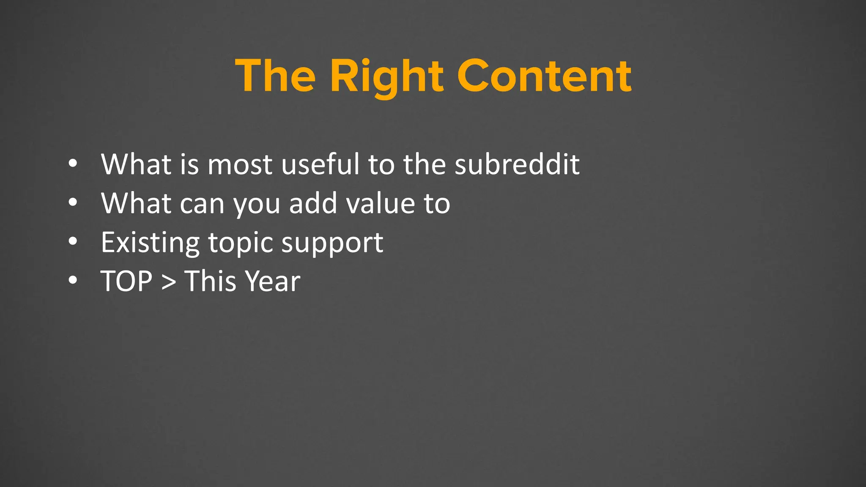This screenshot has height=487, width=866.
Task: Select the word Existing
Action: pos(150,243)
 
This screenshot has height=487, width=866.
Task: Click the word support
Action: pos(332,243)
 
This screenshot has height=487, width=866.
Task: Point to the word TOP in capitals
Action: pos(126,282)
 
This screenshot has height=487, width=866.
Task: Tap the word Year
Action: pos(273,282)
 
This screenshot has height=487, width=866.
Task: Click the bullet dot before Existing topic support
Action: pos(73,241)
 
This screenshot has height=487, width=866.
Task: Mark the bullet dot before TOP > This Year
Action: pos(73,280)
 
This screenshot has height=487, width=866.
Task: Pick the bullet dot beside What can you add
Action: pos(73,202)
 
